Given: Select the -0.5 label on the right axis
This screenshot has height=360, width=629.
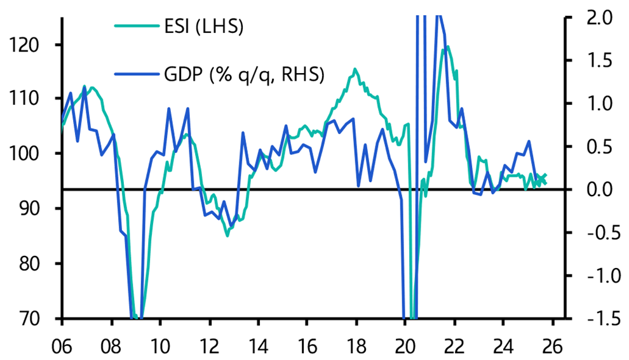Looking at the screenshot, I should [594, 232].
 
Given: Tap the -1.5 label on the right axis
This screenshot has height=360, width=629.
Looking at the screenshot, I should [594, 318].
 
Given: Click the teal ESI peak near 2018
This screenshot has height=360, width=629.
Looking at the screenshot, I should [355, 69].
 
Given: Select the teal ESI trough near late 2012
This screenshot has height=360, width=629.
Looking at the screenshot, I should [227, 236].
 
